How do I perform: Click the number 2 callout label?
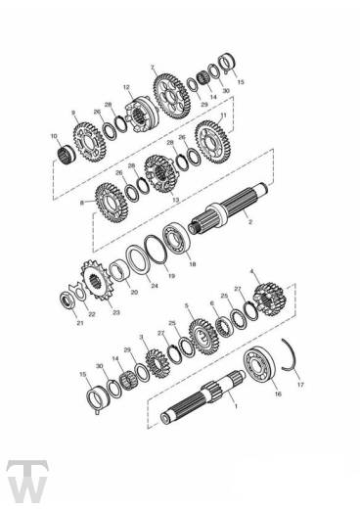pyautogui.click(x=250, y=222)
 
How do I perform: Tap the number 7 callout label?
pyautogui.click(x=153, y=67)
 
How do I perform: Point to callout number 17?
pyautogui.click(x=299, y=385)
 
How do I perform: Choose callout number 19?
pyautogui.click(x=171, y=277)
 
